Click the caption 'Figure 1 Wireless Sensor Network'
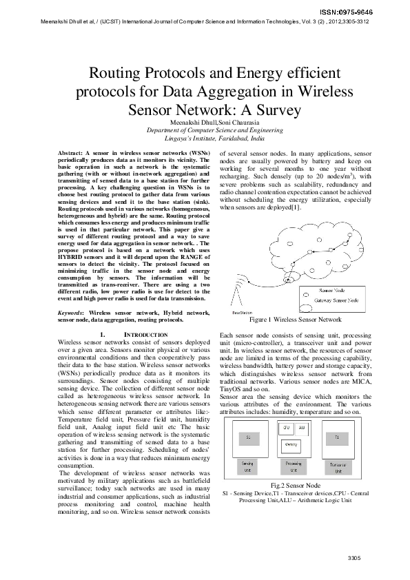[x=295, y=320]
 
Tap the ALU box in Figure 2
[x=303, y=427]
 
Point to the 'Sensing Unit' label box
[x=247, y=468]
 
